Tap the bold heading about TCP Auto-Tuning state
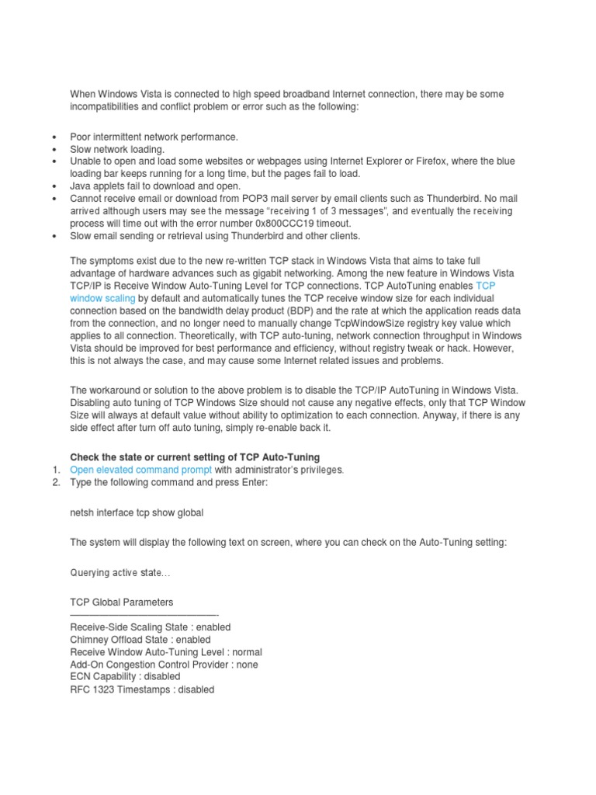pyautogui.click(x=195, y=457)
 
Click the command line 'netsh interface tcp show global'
pyautogui.click(x=137, y=512)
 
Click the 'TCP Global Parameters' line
pyautogui.click(x=122, y=602)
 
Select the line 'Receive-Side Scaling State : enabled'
pyautogui.click(x=150, y=627)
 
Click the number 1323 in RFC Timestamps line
pyautogui.click(x=104, y=689)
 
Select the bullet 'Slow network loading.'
pyautogui.click(x=117, y=148)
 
